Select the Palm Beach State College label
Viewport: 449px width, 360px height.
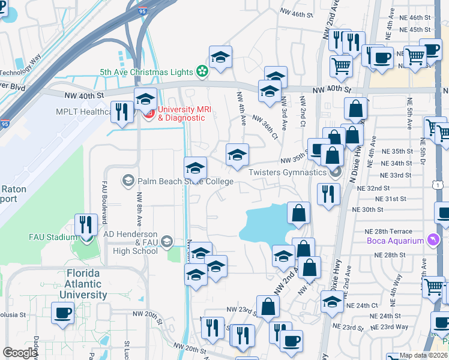pos(185,181)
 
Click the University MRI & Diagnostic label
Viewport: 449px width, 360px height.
pos(182,113)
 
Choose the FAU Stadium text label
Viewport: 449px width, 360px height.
pos(53,236)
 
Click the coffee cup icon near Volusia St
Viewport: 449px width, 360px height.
pos(63,313)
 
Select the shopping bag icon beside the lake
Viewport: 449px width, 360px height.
pos(298,213)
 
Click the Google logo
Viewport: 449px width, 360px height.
pos(20,352)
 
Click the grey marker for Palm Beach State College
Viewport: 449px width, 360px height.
pos(128,180)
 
